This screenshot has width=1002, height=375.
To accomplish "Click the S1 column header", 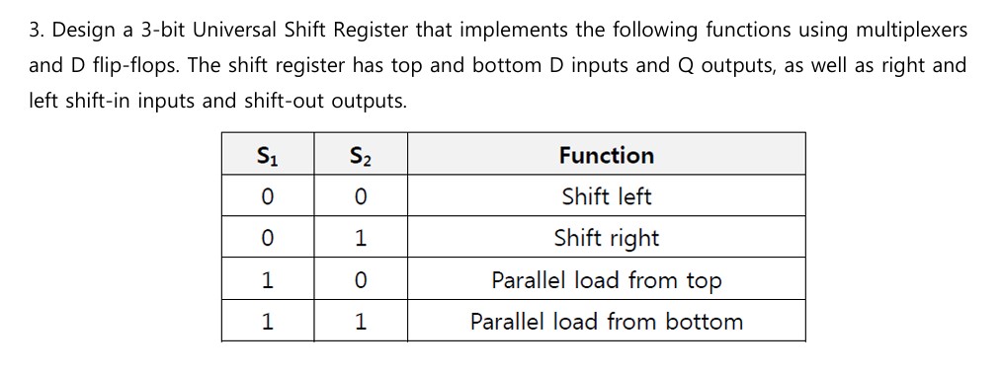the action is [x=267, y=155].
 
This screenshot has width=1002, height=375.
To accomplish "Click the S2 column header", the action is [x=360, y=155].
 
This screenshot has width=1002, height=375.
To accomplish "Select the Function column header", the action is [x=606, y=155].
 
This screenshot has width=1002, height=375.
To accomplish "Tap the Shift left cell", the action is [x=606, y=196].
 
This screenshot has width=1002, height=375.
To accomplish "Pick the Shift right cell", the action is [x=606, y=238].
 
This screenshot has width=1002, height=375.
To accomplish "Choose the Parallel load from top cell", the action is [x=606, y=280].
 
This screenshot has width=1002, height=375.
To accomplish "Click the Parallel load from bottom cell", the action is [x=606, y=322].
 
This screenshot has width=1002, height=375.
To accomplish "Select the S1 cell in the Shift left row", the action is [x=267, y=196].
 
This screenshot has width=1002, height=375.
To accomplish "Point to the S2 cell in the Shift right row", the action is [x=360, y=238].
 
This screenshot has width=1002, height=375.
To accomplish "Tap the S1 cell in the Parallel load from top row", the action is [x=267, y=280].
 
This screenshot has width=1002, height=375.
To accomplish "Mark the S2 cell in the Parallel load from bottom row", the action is [x=360, y=322].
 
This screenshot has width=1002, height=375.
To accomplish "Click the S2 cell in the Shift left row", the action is [x=360, y=196].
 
